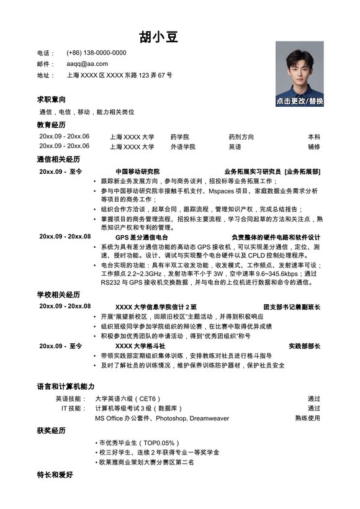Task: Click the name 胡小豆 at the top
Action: [159, 37]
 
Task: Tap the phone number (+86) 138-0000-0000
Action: [96, 53]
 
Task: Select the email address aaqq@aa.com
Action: [87, 63]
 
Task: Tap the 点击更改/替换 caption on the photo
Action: [300, 101]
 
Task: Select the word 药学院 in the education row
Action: [179, 137]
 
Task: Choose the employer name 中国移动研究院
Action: [137, 171]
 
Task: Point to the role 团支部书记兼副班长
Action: [292, 306]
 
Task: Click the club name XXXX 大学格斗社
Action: [140, 346]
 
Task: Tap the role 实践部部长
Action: [304, 346]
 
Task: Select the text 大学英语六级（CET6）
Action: [128, 399]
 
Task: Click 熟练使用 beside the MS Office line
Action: [307, 418]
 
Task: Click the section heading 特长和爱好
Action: [55, 475]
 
